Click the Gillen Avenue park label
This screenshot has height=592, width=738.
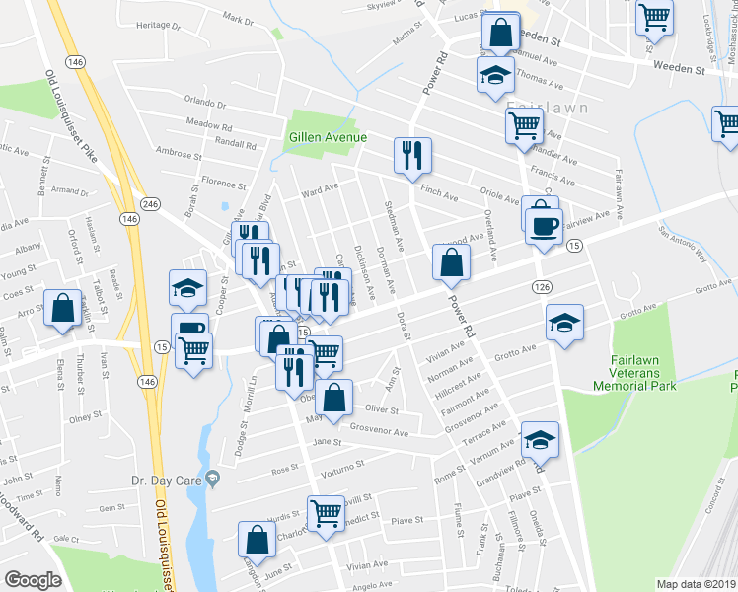coord(328,137)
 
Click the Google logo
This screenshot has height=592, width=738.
coord(33,580)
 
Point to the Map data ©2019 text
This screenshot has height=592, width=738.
coord(695,584)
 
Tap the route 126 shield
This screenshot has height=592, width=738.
coord(541,286)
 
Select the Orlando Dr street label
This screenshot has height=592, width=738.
coord(204,103)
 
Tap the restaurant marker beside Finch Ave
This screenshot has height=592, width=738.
coord(412,155)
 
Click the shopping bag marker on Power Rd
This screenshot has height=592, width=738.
coord(450,262)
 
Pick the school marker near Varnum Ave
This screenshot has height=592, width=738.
coord(540,439)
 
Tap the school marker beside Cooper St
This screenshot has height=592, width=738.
coord(187,288)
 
